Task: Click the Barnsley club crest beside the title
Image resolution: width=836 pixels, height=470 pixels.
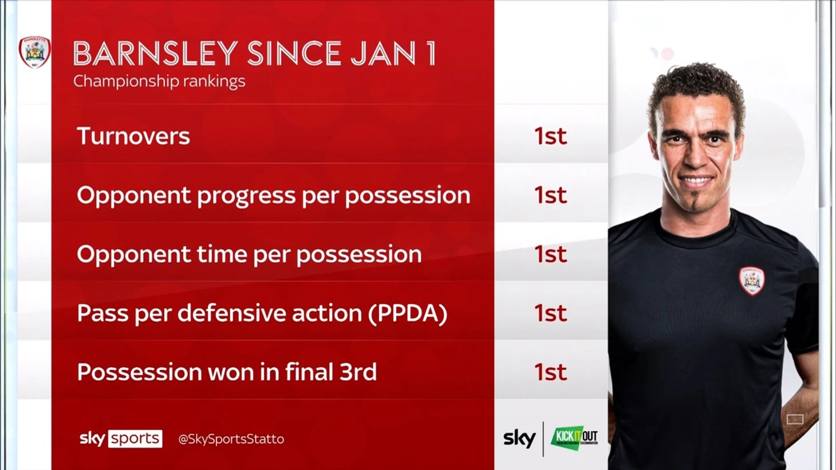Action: pyautogui.click(x=35, y=52)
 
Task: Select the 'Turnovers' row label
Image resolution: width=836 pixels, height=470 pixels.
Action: pyautogui.click(x=133, y=136)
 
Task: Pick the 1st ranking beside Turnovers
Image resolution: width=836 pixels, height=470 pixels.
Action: pyautogui.click(x=550, y=136)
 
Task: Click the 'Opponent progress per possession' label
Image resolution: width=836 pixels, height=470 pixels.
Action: pyautogui.click(x=274, y=196)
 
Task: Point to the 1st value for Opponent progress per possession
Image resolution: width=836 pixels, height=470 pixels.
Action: pyautogui.click(x=550, y=195)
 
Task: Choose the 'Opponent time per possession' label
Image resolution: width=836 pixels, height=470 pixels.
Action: pyautogui.click(x=249, y=255)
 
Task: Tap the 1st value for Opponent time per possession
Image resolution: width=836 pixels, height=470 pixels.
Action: pyautogui.click(x=550, y=254)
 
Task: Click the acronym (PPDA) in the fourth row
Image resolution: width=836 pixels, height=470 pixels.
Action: pyautogui.click(x=408, y=313)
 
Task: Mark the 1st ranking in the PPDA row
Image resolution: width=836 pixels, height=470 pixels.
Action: pyautogui.click(x=550, y=313)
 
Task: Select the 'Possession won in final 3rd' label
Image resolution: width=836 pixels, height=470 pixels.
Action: pyautogui.click(x=227, y=372)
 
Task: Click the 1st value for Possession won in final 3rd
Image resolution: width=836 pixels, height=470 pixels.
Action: pyautogui.click(x=550, y=372)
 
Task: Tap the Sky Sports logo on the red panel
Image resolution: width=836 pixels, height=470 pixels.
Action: pyautogui.click(x=121, y=439)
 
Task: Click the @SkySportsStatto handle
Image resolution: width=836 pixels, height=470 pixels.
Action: pyautogui.click(x=231, y=440)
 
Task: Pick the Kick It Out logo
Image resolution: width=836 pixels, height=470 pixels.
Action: pyautogui.click(x=575, y=438)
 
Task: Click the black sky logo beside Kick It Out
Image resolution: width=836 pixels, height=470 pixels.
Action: pyautogui.click(x=519, y=439)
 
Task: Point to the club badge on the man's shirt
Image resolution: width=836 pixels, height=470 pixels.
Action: pyautogui.click(x=752, y=281)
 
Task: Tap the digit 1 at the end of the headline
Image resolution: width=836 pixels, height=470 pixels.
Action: pyautogui.click(x=431, y=53)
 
